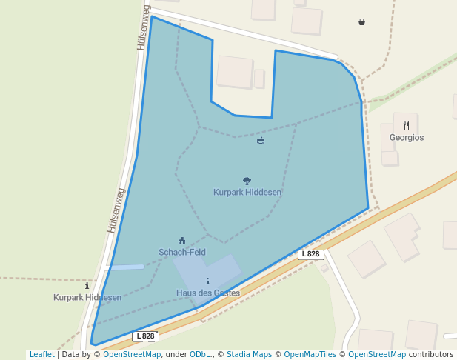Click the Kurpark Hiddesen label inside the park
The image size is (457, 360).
[x=247, y=193]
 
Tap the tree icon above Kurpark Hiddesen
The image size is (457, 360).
[x=247, y=181]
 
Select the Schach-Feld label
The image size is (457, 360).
[x=181, y=253]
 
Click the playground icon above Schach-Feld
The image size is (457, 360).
[x=181, y=240]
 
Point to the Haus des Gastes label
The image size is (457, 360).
[x=207, y=293]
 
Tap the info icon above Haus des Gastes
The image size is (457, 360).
[x=207, y=281]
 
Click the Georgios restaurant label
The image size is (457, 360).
[x=407, y=138]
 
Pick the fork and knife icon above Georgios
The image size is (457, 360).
[x=406, y=126]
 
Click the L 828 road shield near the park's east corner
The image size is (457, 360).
[x=312, y=254]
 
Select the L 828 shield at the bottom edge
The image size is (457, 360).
[x=146, y=336]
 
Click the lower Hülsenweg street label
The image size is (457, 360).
[x=116, y=210]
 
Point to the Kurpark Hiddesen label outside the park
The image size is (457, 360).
[x=87, y=298]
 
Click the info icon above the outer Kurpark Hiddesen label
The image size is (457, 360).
[x=87, y=285]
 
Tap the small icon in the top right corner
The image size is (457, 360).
[x=361, y=22]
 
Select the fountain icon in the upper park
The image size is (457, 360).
[x=260, y=141]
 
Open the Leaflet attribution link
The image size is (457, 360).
[x=41, y=355]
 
